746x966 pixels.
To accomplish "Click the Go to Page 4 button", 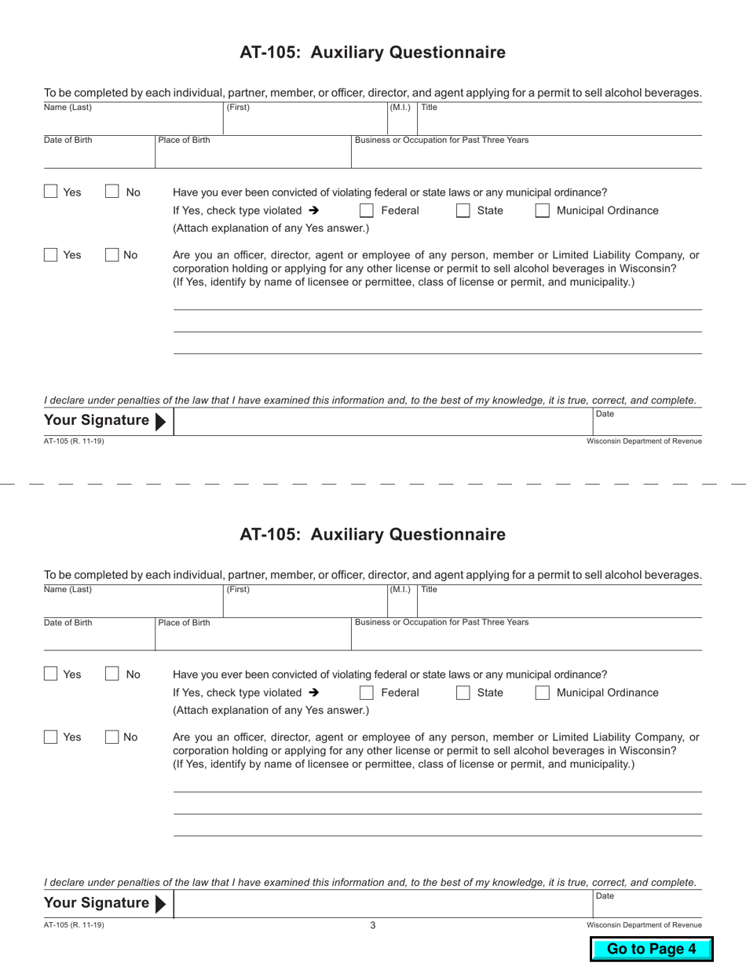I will (x=651, y=949).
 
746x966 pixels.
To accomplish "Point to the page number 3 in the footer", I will (x=373, y=925).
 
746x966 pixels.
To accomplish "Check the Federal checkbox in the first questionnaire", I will (x=367, y=210).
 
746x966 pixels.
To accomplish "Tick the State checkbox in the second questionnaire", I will (x=463, y=693).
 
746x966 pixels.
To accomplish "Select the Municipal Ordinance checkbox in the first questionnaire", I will (x=543, y=210).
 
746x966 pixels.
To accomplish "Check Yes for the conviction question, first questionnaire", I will (x=51, y=192).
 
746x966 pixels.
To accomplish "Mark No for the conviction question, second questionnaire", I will (x=112, y=674).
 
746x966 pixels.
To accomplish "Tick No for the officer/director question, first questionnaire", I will (x=112, y=254).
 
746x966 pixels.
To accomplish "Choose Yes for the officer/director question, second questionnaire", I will (x=51, y=737).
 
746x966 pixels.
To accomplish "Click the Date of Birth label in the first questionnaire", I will (x=68, y=141).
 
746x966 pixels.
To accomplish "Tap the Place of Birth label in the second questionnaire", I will (x=184, y=623).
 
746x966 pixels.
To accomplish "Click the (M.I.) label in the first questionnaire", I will (x=400, y=107).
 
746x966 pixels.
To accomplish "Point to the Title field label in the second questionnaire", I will (x=429, y=589).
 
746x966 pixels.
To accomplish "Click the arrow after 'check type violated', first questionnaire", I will (x=314, y=210).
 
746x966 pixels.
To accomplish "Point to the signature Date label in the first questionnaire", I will (x=605, y=414).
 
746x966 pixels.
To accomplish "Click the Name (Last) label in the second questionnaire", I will (x=68, y=589).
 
